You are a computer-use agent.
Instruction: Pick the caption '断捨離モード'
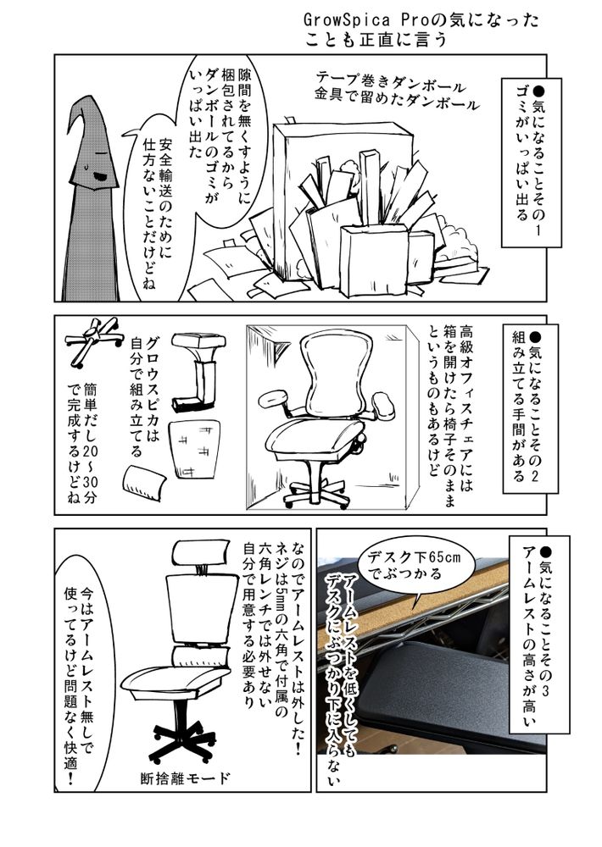coord(186,778)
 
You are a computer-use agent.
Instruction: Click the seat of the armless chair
coord(175,681)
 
